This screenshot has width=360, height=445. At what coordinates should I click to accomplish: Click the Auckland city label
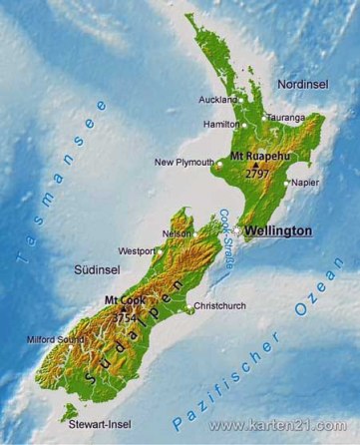click(x=216, y=100)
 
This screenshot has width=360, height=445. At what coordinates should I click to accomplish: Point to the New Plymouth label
click(x=182, y=163)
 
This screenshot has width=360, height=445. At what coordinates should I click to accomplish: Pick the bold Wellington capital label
click(x=278, y=230)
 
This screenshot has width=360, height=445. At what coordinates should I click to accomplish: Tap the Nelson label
click(x=176, y=233)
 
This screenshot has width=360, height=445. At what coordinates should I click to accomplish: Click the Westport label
click(x=136, y=250)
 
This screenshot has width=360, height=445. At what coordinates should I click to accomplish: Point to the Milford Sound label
click(x=56, y=339)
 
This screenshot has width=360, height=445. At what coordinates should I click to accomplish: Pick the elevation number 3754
click(x=126, y=317)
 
